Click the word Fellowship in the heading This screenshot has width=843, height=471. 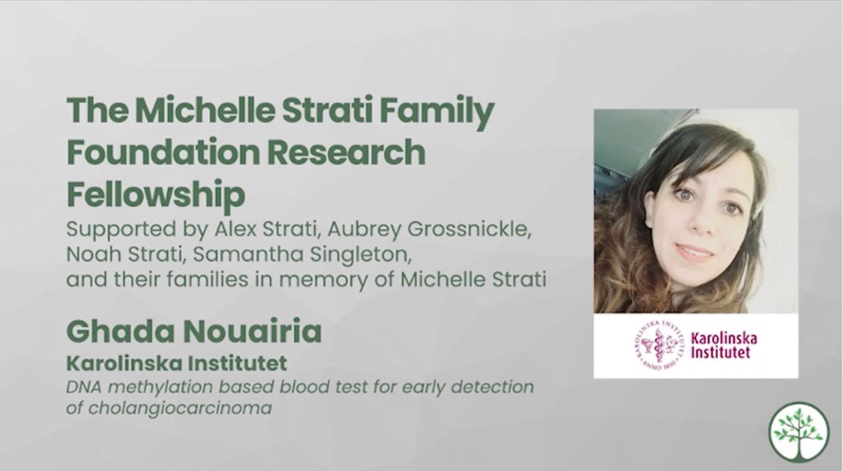click(x=156, y=194)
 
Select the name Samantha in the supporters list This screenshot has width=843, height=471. click(x=248, y=254)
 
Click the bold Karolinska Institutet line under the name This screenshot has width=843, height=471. click(x=177, y=364)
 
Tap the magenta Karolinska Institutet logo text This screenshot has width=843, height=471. click(x=724, y=346)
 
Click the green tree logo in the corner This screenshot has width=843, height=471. click(x=799, y=432)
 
